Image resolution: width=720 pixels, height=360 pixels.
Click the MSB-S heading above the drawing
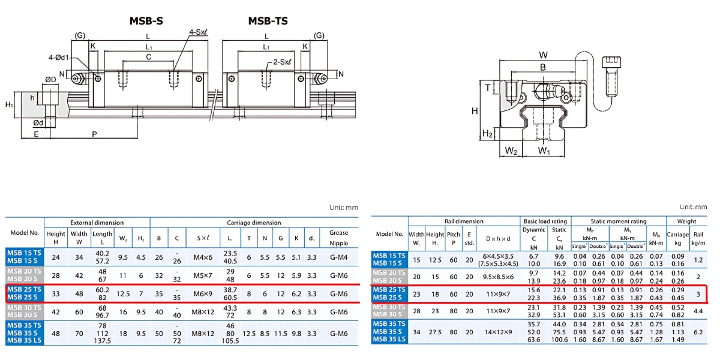coord(146,21)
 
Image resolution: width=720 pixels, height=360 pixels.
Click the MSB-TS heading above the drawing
coord(268,21)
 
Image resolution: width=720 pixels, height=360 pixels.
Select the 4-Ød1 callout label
coord(60,58)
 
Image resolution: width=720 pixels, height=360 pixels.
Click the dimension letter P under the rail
coord(94,134)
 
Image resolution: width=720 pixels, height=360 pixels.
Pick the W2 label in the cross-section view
coord(511,151)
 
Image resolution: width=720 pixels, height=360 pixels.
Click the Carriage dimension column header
coord(254,223)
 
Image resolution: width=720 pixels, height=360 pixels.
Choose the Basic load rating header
coord(545,221)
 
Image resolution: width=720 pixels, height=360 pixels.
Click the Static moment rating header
coord(618,221)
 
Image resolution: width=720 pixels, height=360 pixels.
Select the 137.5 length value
coord(103,341)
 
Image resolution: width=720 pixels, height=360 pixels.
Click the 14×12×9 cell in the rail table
coord(499,331)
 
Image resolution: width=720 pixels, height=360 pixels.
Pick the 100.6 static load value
coord(559,340)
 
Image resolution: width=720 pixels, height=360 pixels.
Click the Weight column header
coord(687,221)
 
